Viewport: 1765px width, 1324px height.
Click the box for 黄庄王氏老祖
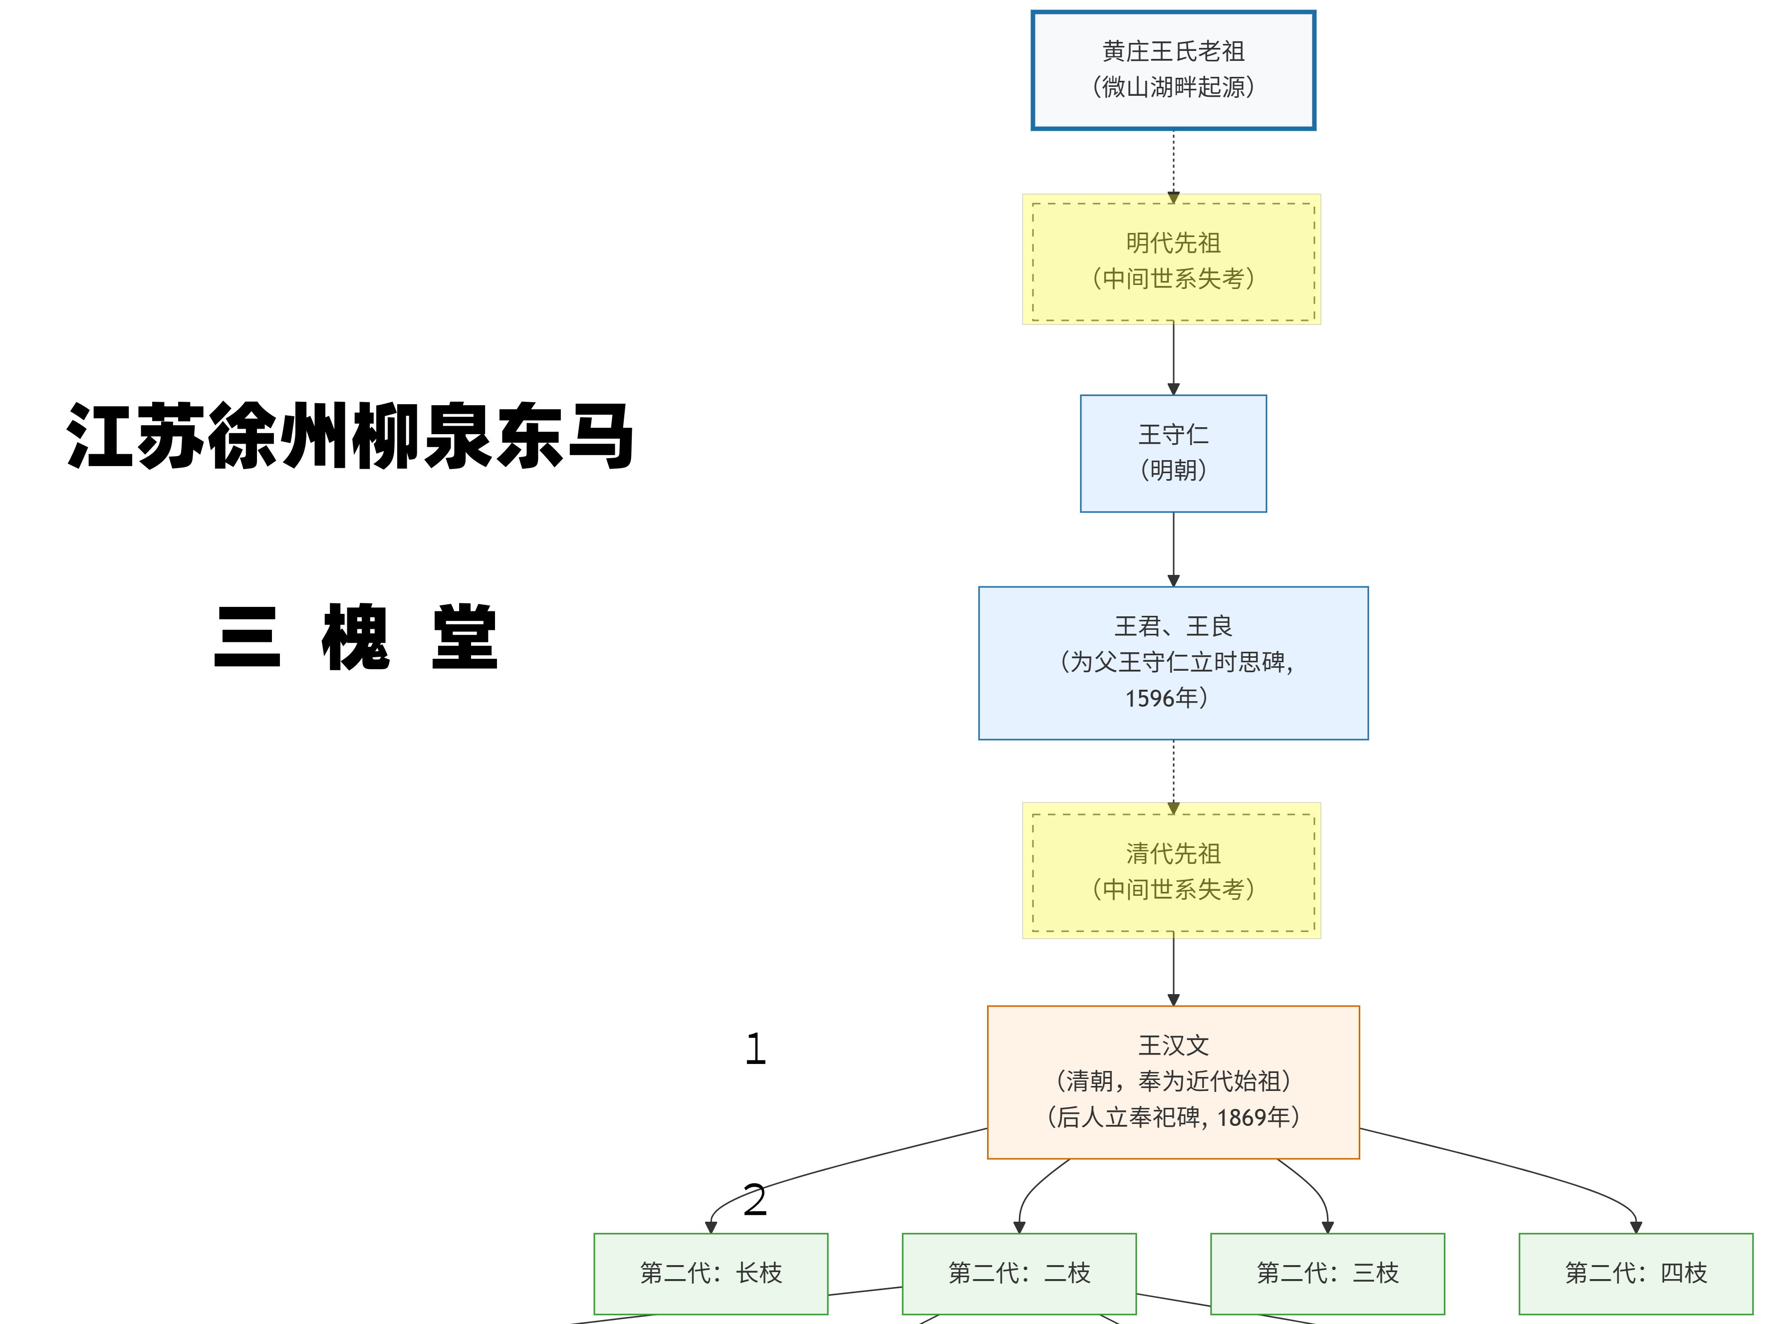(1173, 52)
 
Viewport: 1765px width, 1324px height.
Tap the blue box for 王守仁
(1173, 436)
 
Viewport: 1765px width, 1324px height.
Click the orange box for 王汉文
(1173, 1046)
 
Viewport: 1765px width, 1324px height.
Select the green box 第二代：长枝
(710, 1273)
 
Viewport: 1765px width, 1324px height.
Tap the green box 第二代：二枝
(1019, 1273)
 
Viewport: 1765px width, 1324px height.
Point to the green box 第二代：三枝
(1327, 1273)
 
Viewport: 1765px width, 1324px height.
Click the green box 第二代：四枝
(1636, 1273)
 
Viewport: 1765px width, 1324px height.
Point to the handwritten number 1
(756, 1049)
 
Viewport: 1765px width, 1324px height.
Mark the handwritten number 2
(755, 1200)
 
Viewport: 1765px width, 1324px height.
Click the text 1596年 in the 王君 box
(1166, 698)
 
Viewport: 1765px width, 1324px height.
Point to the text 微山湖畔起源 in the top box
(1173, 87)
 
